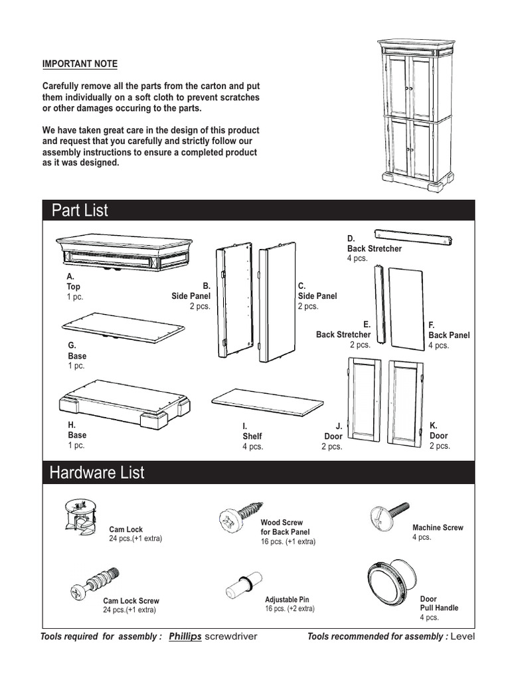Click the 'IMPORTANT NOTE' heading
(80, 64)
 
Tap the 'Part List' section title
(80, 211)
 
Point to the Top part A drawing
(124, 252)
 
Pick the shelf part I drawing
(267, 400)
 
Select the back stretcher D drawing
(413, 236)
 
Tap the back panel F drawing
(406, 308)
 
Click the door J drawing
(363, 399)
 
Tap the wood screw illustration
(240, 515)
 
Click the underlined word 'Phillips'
(185, 637)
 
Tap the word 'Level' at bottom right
(464, 637)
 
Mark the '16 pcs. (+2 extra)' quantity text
(290, 608)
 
